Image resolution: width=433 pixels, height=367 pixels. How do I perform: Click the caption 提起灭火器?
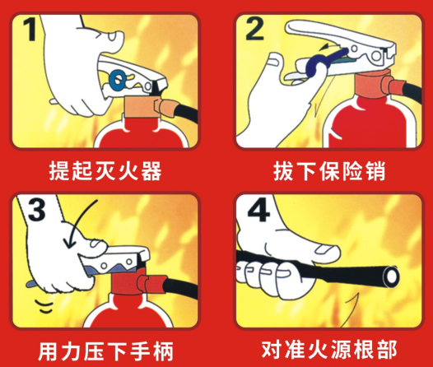pos(103,172)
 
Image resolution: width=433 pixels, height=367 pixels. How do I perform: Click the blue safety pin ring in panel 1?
pos(118,79)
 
